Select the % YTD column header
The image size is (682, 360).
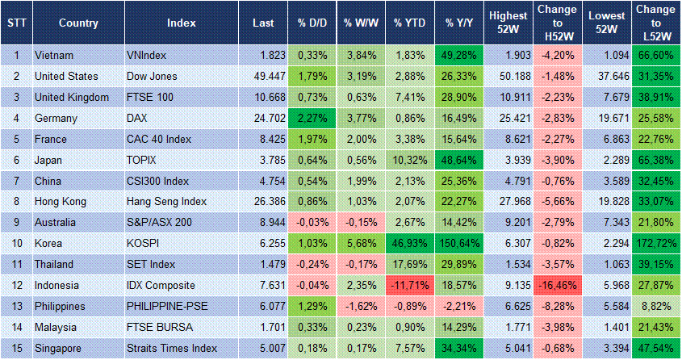(x=409, y=23)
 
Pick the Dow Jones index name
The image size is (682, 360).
(x=151, y=77)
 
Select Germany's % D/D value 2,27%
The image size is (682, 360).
(x=312, y=119)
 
